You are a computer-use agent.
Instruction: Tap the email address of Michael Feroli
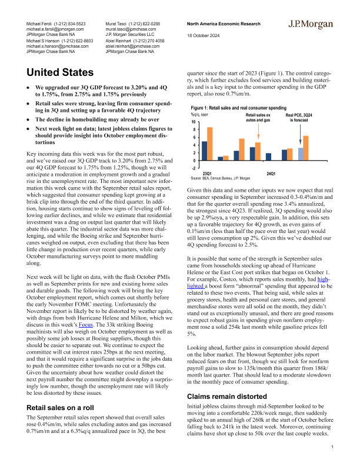point(55,28)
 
